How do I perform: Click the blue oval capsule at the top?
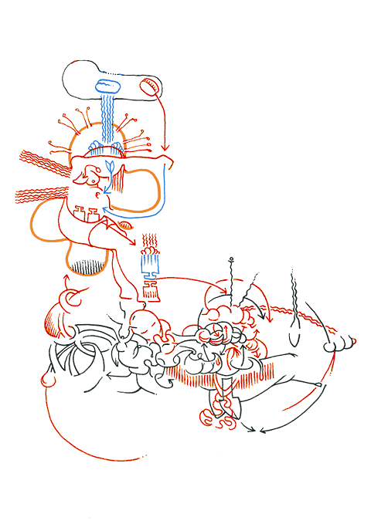coord(107,86)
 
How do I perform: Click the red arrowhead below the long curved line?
coord(165,147)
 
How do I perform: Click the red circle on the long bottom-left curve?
coord(49,379)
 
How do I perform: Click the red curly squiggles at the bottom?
coord(219,413)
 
